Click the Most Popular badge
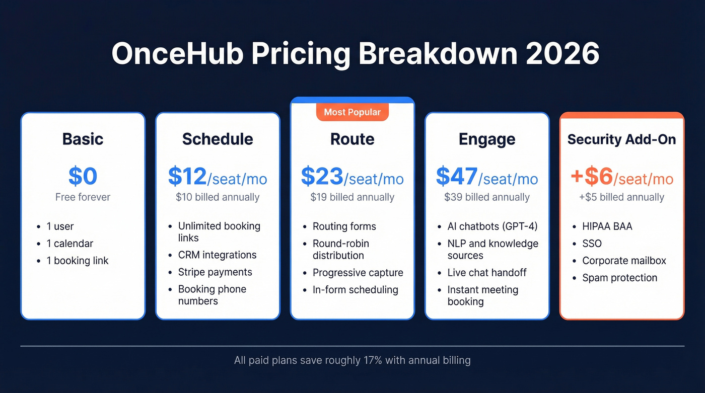[x=352, y=112]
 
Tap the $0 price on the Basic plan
[x=83, y=176]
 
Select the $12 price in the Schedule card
[x=187, y=176]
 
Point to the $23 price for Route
[x=322, y=176]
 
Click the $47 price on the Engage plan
[x=457, y=176]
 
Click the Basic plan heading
[x=83, y=139]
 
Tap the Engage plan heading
[x=487, y=139]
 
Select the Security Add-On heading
[x=621, y=139]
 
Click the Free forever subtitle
[x=83, y=197]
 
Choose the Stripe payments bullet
[x=215, y=272]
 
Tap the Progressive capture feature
[x=358, y=273]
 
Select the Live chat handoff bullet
[x=487, y=273]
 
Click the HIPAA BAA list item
[x=607, y=226]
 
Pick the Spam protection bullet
[x=619, y=278]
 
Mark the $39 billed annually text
[x=487, y=197]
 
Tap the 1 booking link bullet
[x=77, y=261]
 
